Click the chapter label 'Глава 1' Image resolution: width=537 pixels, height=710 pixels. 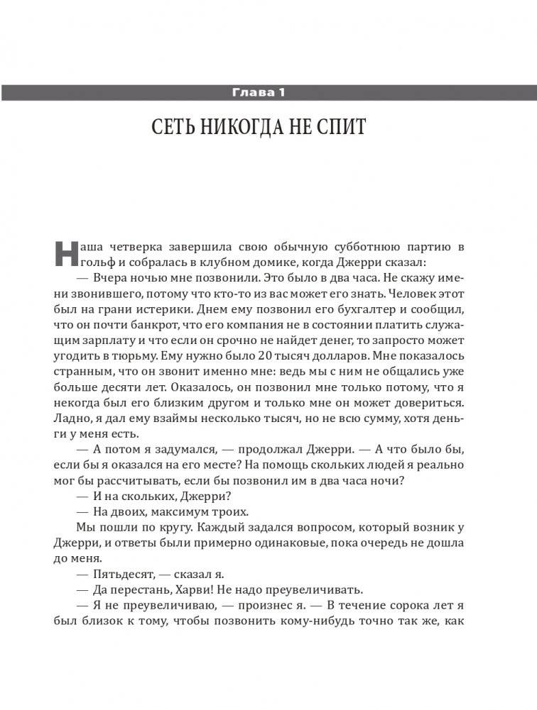tap(268, 92)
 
